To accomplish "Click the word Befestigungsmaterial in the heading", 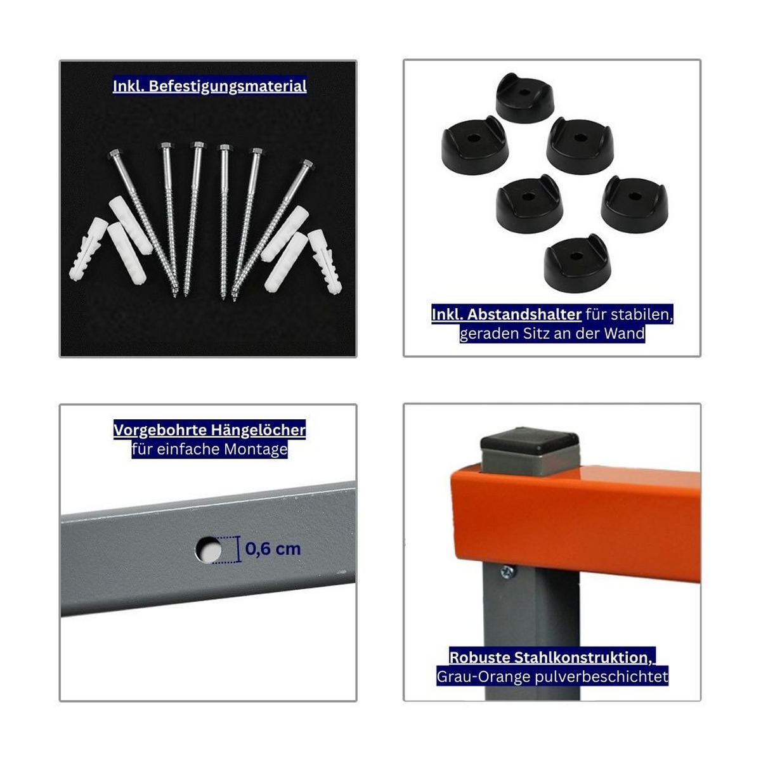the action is pyautogui.click(x=228, y=86).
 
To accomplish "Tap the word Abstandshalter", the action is pyautogui.click(x=524, y=315).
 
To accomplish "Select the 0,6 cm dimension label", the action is pyautogui.click(x=273, y=549).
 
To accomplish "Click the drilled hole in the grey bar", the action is pyautogui.click(x=209, y=549).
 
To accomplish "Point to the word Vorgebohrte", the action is pyautogui.click(x=160, y=430).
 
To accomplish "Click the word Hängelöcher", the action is pyautogui.click(x=257, y=430).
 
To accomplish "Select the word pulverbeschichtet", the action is pyautogui.click(x=601, y=677).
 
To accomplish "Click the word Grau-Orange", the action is pyautogui.click(x=483, y=677).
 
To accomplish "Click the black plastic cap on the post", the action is pyautogui.click(x=530, y=440).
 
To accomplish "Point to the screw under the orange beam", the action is pyautogui.click(x=507, y=571).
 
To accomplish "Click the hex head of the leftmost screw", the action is pyautogui.click(x=115, y=154).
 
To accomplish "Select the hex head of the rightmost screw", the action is pyautogui.click(x=307, y=164).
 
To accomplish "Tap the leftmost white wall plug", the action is pyautogui.click(x=88, y=249).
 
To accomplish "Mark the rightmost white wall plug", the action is pyautogui.click(x=325, y=261).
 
